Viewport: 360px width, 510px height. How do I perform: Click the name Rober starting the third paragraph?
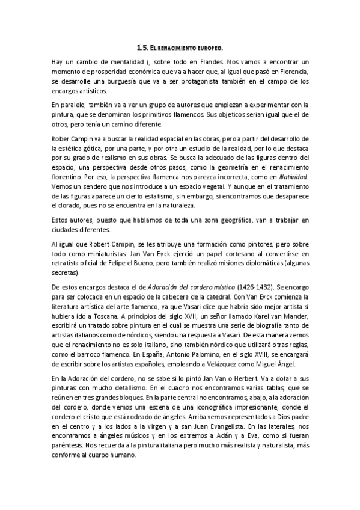(x=61, y=138)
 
